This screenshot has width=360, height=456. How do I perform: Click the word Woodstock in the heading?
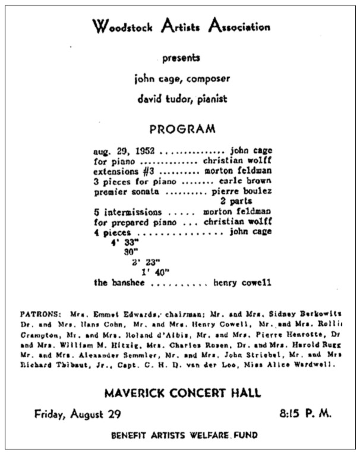coord(120,27)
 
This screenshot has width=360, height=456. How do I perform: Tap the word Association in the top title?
coord(236,27)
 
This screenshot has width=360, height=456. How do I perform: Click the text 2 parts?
coord(253,202)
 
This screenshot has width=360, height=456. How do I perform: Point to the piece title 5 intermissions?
coord(128,212)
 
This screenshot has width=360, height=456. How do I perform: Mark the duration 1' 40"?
coord(156,272)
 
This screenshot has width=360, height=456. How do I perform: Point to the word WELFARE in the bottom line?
coord(202,435)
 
